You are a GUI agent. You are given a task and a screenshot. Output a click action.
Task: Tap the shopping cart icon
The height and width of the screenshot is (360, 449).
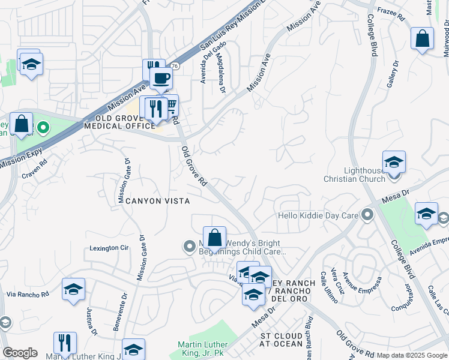(171, 106)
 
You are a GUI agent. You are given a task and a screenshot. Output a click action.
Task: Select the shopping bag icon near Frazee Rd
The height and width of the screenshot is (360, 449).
(422, 38)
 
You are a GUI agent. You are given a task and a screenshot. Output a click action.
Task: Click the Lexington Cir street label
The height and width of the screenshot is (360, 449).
(109, 247)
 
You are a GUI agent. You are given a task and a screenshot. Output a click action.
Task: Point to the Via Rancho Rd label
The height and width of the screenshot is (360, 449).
(28, 295)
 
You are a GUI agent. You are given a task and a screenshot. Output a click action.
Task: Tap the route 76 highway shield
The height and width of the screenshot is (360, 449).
(175, 65)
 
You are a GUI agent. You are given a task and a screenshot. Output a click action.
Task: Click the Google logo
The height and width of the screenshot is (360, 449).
(20, 353)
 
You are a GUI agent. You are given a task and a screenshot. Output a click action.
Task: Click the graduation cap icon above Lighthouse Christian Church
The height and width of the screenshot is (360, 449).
(394, 162)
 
